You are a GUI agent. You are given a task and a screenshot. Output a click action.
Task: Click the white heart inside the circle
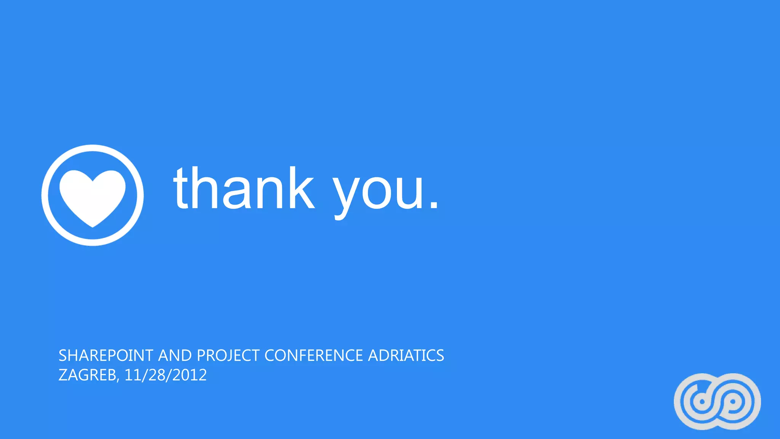[x=93, y=196]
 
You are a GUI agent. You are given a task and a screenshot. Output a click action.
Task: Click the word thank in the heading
[x=244, y=189]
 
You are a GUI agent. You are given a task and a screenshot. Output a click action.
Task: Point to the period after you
[x=433, y=205]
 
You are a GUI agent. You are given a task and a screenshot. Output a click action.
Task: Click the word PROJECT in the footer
[x=228, y=356]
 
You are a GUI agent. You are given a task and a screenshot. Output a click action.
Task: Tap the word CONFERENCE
[x=313, y=356]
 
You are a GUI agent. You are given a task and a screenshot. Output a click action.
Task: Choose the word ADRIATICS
[x=406, y=356]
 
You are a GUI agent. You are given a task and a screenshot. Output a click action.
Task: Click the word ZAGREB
[x=87, y=375]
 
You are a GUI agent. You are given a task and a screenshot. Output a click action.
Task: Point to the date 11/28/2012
[x=166, y=375]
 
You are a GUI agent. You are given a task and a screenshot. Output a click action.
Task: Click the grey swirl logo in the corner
[x=717, y=401]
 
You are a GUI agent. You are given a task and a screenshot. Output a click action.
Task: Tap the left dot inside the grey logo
[x=702, y=402]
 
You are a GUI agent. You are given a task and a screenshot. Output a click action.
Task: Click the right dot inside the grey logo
[x=732, y=401]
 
